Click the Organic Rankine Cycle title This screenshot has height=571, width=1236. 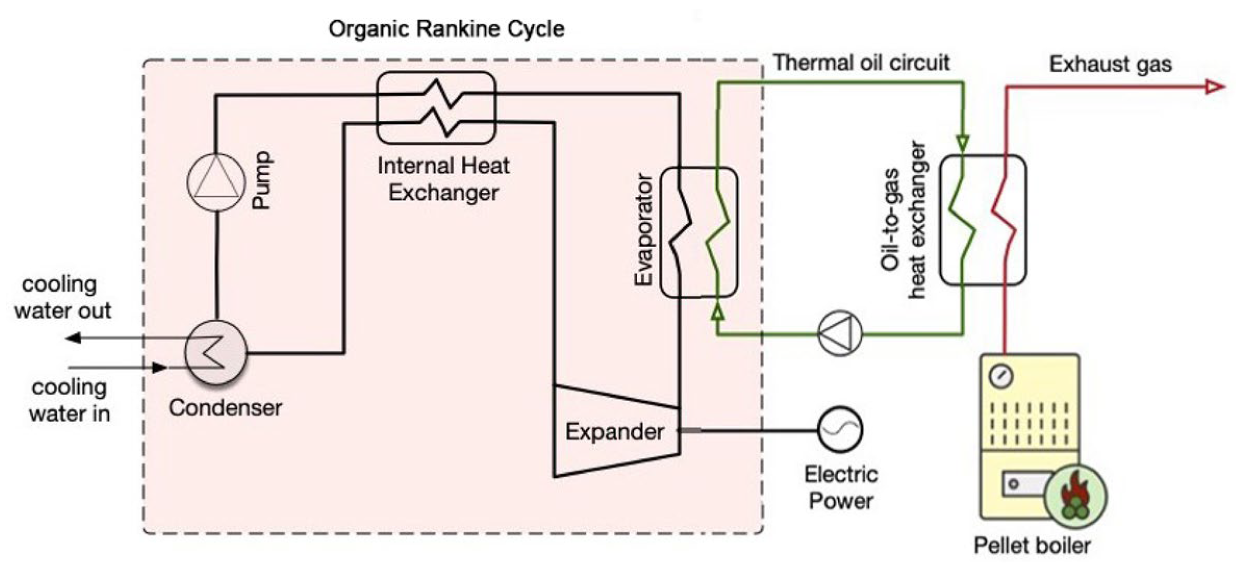tap(446, 29)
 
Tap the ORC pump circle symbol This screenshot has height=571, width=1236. tap(216, 182)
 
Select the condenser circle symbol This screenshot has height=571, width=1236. tap(216, 353)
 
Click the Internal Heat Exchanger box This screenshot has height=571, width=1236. tap(436, 107)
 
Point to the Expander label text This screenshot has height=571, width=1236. tap(615, 431)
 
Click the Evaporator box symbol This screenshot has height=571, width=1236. tap(698, 232)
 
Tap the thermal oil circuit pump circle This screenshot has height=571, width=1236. tap(840, 333)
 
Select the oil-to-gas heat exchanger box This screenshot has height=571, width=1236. tap(983, 220)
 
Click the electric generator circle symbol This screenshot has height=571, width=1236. tap(840, 430)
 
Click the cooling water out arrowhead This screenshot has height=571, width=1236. tap(73, 338)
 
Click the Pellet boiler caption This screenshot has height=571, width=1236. tap(1032, 545)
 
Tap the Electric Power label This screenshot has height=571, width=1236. tap(841, 488)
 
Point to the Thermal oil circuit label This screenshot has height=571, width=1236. tap(861, 63)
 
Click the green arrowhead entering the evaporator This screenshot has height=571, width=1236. tap(718, 312)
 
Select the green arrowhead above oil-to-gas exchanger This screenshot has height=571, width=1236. tap(963, 142)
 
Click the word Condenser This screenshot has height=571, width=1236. tap(225, 407)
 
